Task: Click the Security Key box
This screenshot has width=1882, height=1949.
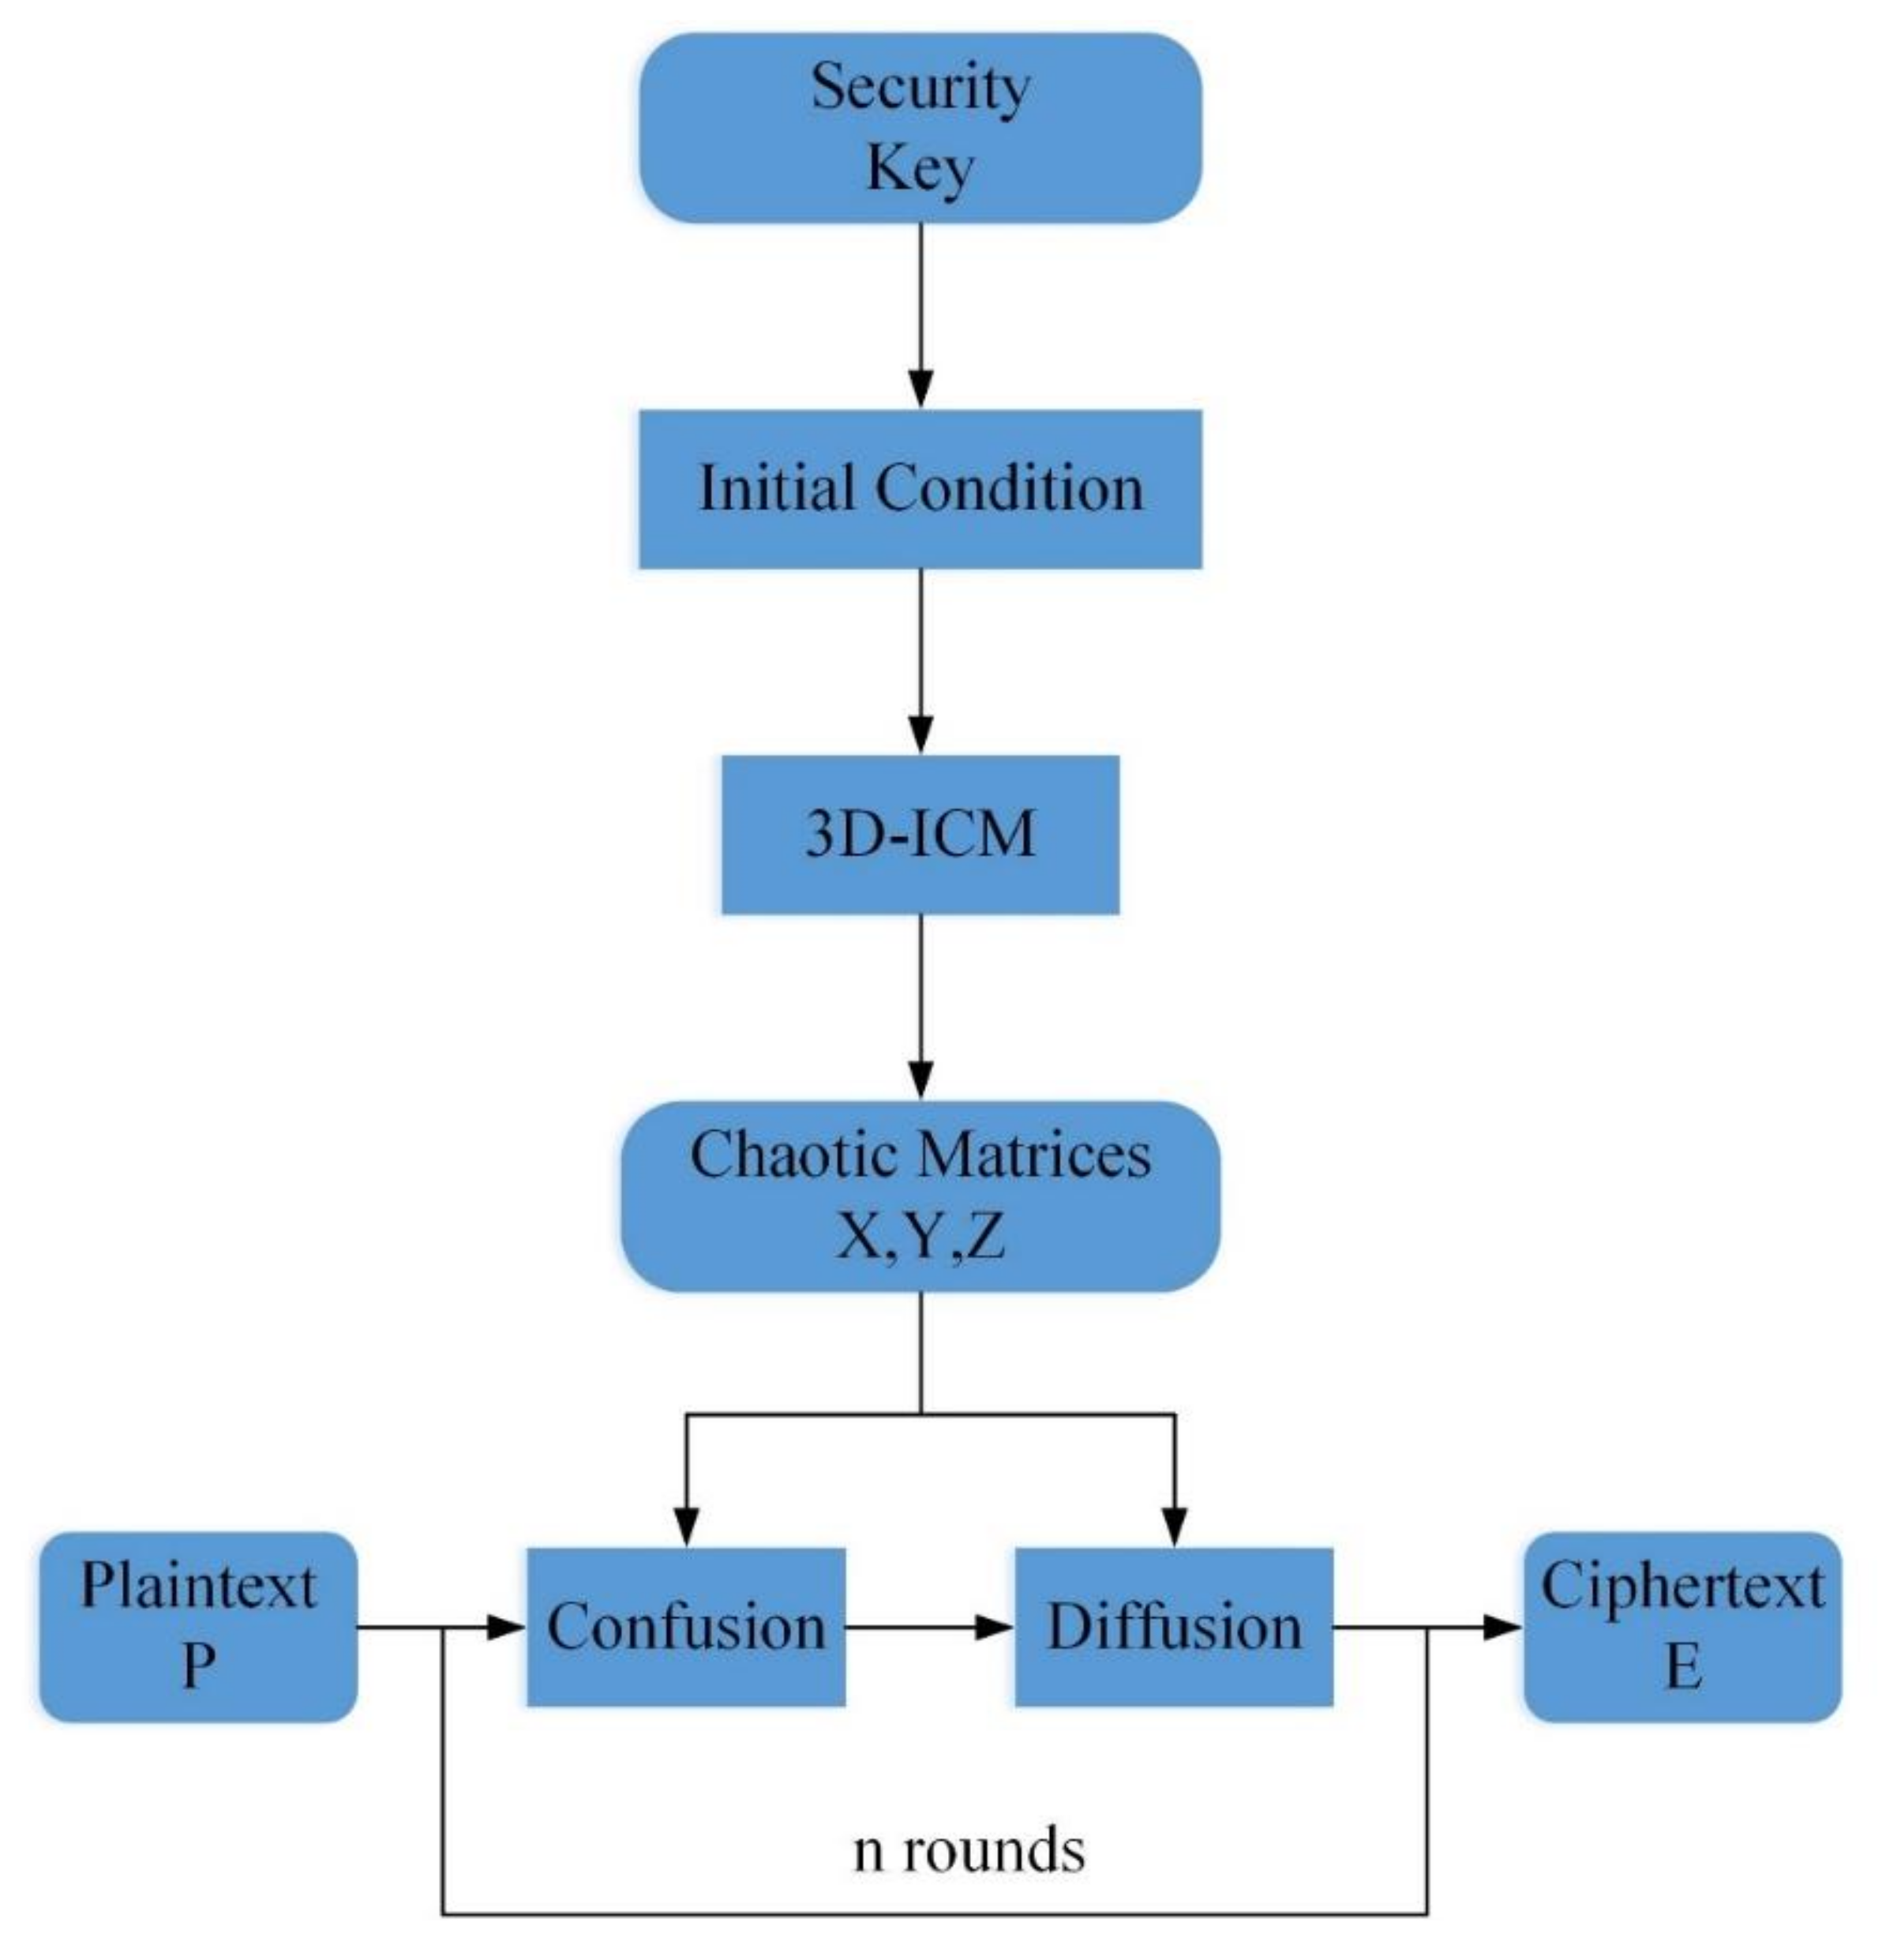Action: click(x=920, y=127)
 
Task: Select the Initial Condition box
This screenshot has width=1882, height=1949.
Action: click(x=920, y=490)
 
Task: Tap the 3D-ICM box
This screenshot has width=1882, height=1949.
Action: click(x=920, y=833)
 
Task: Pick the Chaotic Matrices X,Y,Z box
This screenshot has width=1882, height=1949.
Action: click(x=920, y=1196)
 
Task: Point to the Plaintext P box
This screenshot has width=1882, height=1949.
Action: click(x=198, y=1628)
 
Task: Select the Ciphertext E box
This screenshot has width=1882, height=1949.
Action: click(x=1682, y=1628)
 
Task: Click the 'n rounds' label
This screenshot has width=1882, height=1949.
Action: click(x=969, y=1850)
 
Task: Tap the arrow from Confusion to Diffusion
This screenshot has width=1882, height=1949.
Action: click(x=930, y=1628)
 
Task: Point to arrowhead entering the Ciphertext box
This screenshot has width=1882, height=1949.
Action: click(x=1501, y=1628)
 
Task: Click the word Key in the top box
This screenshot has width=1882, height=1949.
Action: click(x=920, y=169)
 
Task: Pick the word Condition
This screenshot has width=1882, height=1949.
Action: click(x=1008, y=490)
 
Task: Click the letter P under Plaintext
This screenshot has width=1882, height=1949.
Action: click(x=198, y=1668)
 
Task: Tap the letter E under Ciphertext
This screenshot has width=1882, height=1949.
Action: click(x=1682, y=1668)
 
